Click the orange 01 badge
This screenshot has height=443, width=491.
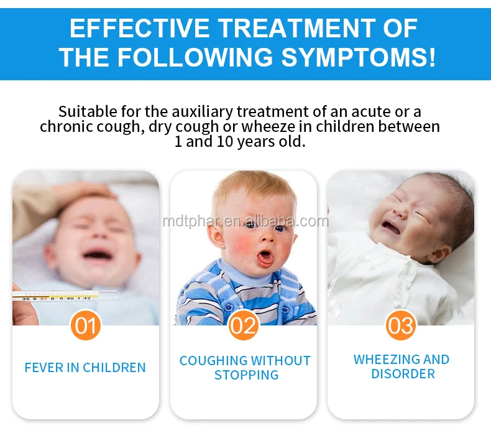pos(86,325)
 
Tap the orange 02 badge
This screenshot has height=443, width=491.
pos(244,325)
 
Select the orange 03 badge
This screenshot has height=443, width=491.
pos(400,325)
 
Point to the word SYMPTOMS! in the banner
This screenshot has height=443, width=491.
pos(359,57)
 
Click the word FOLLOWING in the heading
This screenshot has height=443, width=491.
pos(195,57)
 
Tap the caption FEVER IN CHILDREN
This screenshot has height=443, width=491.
pos(85,368)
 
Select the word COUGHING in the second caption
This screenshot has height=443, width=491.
pos(213,361)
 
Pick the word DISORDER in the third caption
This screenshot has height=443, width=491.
pos(403,375)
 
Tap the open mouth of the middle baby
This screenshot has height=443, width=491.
pos(264,257)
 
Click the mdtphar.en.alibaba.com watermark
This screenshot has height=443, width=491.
pos(245,222)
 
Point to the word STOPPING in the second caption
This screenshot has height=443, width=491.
pos(246,375)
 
